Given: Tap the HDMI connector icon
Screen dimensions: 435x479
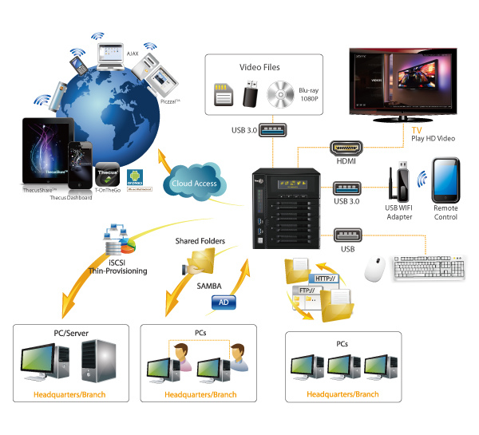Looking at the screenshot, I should [346, 150].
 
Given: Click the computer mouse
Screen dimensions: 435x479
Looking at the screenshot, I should [374, 269].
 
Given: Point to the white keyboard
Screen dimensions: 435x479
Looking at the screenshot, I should [429, 268].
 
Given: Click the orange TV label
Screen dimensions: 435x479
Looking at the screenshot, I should [416, 129].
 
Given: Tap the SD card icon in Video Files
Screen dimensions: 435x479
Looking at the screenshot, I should [224, 94].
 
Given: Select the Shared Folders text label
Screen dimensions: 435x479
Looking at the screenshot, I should [200, 240].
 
